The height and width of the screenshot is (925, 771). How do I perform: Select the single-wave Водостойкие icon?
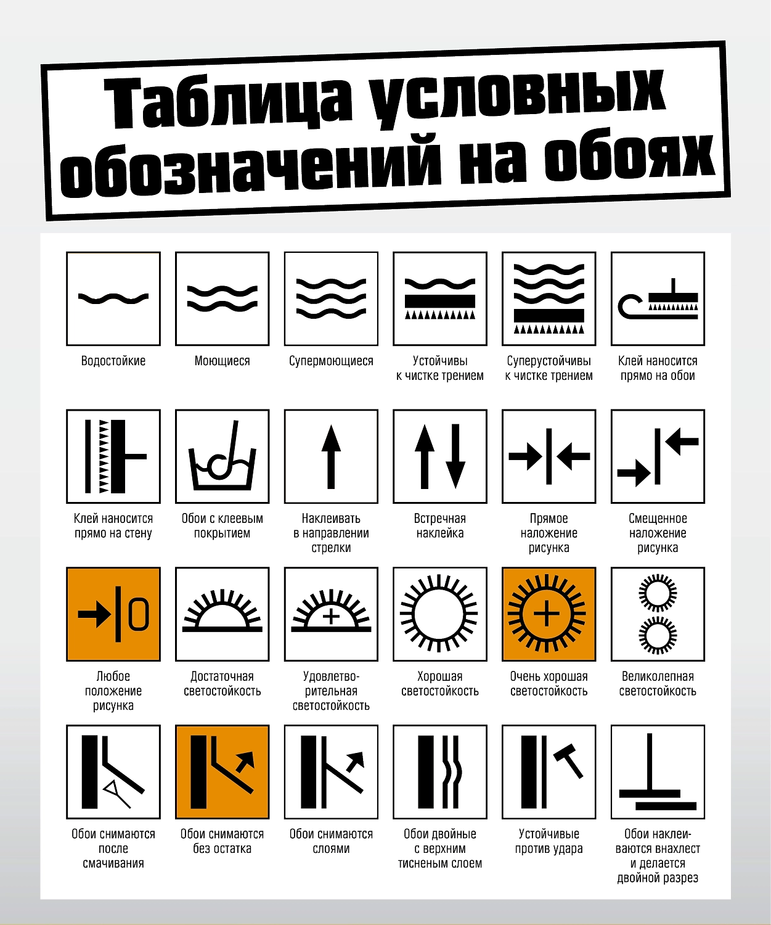tap(113, 298)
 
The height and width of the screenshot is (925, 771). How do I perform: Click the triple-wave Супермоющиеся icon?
tap(331, 298)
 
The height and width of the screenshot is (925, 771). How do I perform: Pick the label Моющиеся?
tap(222, 361)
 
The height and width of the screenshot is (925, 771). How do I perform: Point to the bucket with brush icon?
tap(222, 456)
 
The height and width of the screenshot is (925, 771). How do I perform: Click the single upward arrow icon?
tap(331, 456)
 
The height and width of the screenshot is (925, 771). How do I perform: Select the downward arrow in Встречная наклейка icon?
tap(455, 456)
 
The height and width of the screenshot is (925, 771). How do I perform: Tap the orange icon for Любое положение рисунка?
tap(113, 614)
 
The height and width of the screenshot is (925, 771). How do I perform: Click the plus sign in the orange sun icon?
tap(547, 614)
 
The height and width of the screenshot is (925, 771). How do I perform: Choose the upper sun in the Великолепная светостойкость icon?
tap(658, 593)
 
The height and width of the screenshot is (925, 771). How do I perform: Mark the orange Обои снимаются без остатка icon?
tap(222, 771)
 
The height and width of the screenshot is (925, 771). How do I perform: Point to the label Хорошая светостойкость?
tap(440, 683)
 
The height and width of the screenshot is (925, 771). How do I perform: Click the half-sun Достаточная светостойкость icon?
tap(222, 614)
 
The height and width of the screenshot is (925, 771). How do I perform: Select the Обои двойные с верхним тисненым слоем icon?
tap(440, 771)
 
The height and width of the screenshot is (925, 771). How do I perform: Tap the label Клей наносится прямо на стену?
tap(113, 526)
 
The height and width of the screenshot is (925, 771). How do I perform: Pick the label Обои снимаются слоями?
tap(331, 841)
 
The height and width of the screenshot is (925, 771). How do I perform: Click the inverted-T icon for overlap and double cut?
tap(658, 771)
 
